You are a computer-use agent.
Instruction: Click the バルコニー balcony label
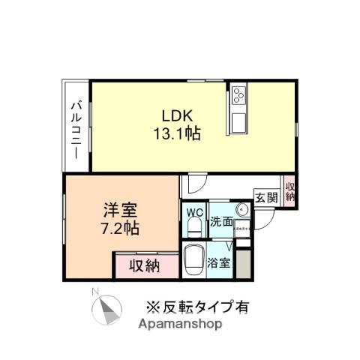76,129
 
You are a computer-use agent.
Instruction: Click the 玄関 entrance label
266,198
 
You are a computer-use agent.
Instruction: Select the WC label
194,212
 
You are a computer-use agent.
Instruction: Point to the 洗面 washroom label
221,222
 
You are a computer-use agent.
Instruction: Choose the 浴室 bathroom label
219,263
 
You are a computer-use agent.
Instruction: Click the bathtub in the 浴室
194,260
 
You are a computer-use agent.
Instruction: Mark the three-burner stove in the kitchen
238,96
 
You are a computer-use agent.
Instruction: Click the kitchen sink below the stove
238,121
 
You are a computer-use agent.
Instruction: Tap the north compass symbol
107,309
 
